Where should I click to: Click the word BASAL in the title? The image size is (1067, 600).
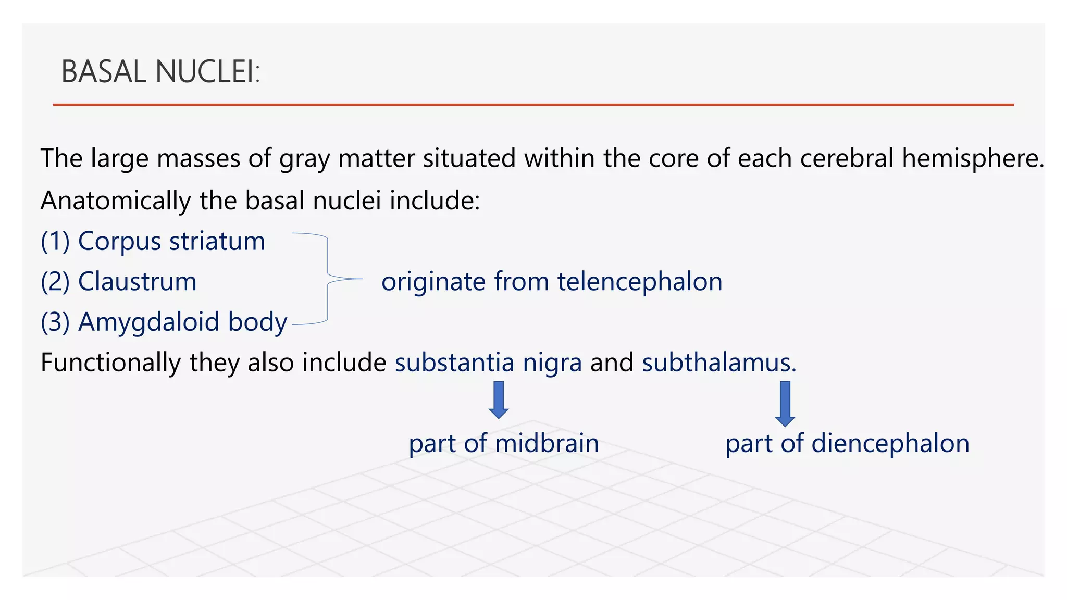click(104, 72)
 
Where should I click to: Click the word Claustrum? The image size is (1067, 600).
click(137, 282)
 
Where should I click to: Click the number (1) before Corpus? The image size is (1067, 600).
click(55, 242)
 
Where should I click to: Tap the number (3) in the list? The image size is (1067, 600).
click(55, 322)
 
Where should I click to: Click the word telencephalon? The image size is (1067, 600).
click(640, 282)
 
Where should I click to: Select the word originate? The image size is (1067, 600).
click(433, 282)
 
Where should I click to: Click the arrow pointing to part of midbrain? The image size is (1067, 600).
click(499, 399)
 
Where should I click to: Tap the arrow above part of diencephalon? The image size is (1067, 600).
click(785, 404)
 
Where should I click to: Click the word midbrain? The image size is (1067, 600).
click(547, 443)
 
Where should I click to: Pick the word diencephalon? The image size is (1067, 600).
click(890, 443)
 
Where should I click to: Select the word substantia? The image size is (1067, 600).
click(454, 362)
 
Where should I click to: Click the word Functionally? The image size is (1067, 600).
click(110, 363)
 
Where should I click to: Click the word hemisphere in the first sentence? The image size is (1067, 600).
click(972, 158)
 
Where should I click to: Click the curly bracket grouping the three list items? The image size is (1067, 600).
click(328, 279)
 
